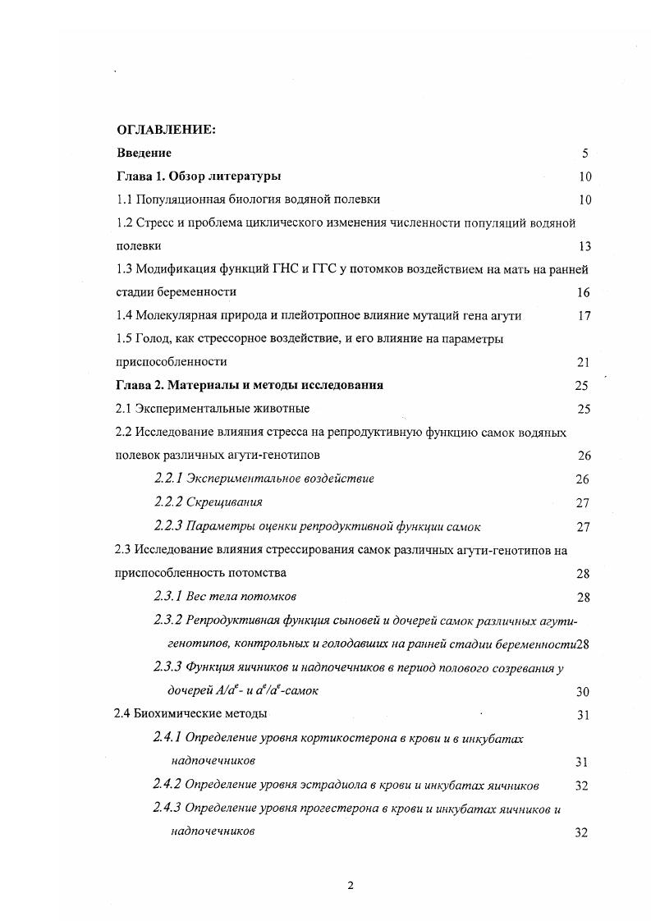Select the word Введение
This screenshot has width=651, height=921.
(144, 153)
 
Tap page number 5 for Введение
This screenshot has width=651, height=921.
(585, 153)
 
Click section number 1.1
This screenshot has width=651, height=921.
(124, 199)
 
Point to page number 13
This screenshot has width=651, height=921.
(585, 246)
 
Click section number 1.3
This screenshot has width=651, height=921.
(124, 268)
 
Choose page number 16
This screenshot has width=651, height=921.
(584, 292)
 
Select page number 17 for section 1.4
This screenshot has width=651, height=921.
(584, 315)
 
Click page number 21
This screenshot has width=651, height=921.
(584, 362)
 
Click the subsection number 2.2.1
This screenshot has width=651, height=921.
(167, 479)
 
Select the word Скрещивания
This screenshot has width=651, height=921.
(224, 502)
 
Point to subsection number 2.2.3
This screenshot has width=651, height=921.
(167, 525)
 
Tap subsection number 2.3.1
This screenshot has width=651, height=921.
(167, 596)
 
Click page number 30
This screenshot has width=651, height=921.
(584, 692)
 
